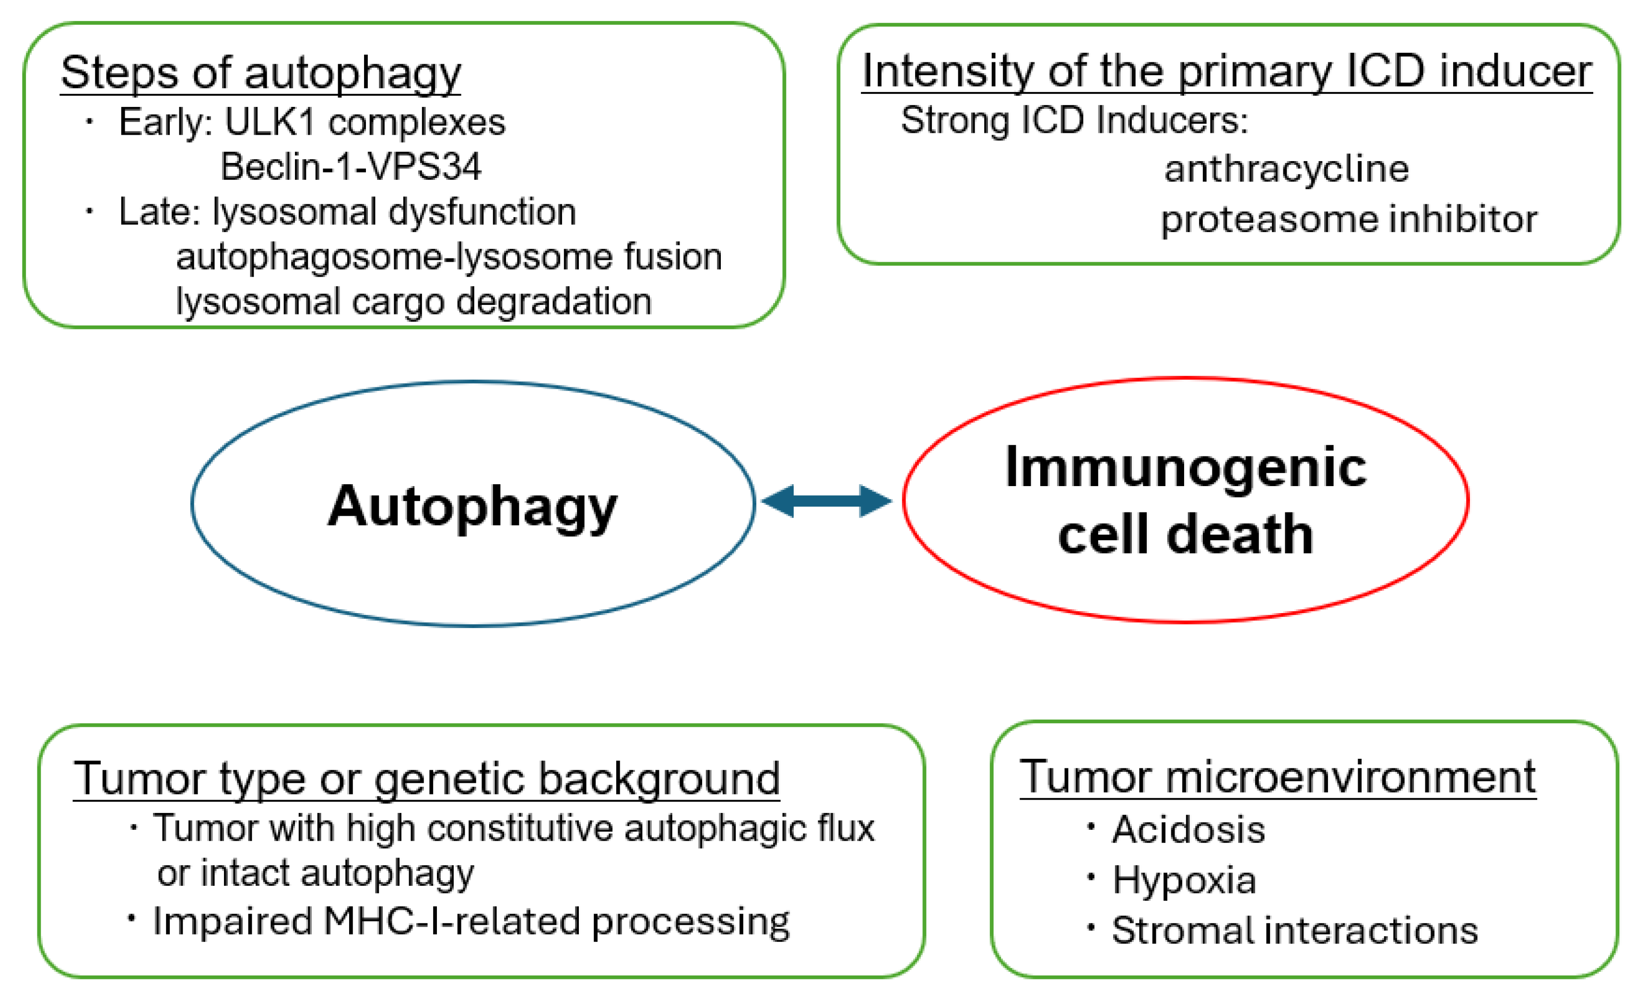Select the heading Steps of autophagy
coord(260,73)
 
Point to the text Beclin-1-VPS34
coord(351,167)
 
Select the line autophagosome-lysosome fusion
coord(448,257)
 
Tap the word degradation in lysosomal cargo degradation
coord(553,302)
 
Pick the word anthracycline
coord(1286,169)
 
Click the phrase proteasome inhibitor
coord(1349,220)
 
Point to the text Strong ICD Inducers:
coord(1073,121)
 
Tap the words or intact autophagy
coord(315,873)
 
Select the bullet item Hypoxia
coord(1184,880)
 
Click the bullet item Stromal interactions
coord(1294,930)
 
